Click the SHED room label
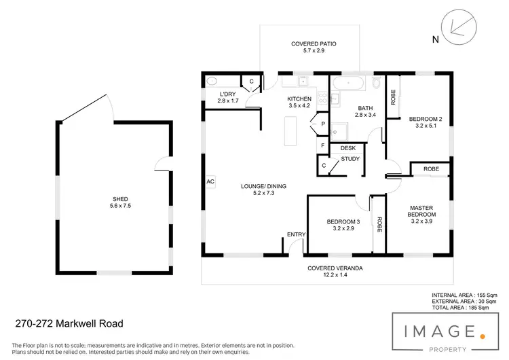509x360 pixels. click(119, 199)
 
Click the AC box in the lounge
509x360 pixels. click(210, 182)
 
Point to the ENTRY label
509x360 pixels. click(297, 234)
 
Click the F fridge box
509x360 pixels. click(322, 145)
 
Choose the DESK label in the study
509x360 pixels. click(348, 148)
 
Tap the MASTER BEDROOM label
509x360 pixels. click(423, 211)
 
